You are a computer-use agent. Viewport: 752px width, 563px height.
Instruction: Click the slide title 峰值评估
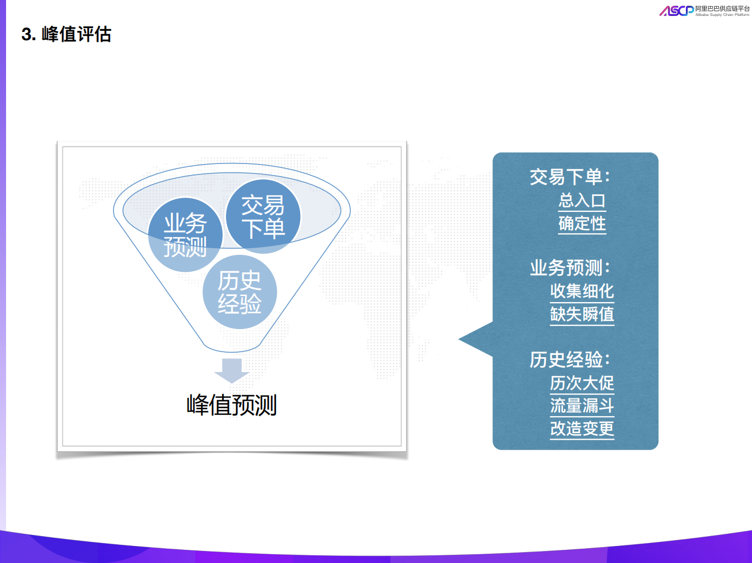[x=76, y=34]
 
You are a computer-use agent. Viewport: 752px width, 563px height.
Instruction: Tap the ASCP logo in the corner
[x=676, y=10]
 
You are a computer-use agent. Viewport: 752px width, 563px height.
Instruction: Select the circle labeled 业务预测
[x=185, y=235]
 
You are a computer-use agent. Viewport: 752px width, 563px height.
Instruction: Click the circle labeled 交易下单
[x=263, y=216]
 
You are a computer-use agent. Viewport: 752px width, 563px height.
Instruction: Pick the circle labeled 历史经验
[x=240, y=292]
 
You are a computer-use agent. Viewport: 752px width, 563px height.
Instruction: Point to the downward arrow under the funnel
[x=232, y=370]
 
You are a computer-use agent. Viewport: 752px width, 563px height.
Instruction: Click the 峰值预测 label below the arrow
[x=232, y=405]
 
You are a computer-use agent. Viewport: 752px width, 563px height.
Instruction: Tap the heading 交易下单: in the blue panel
[x=570, y=177]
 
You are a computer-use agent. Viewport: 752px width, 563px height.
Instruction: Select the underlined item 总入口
[x=582, y=200]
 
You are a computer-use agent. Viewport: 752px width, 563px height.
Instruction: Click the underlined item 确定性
[x=582, y=223]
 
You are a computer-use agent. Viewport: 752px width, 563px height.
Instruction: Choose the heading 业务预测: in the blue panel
[x=570, y=268]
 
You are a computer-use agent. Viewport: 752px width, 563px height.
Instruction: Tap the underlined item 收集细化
[x=582, y=291]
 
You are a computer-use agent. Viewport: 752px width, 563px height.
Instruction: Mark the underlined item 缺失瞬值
[x=582, y=314]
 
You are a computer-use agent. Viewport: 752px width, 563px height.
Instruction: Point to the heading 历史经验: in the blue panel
[x=570, y=359]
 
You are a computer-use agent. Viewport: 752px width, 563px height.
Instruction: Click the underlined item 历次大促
[x=582, y=382]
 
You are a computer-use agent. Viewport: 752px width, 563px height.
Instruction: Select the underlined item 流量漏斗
[x=582, y=406]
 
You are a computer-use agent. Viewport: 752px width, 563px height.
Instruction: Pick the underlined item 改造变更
[x=582, y=428]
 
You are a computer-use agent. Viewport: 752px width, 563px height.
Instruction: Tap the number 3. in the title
[x=29, y=35]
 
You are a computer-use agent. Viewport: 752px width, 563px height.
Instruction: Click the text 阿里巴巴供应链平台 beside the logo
[x=722, y=9]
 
